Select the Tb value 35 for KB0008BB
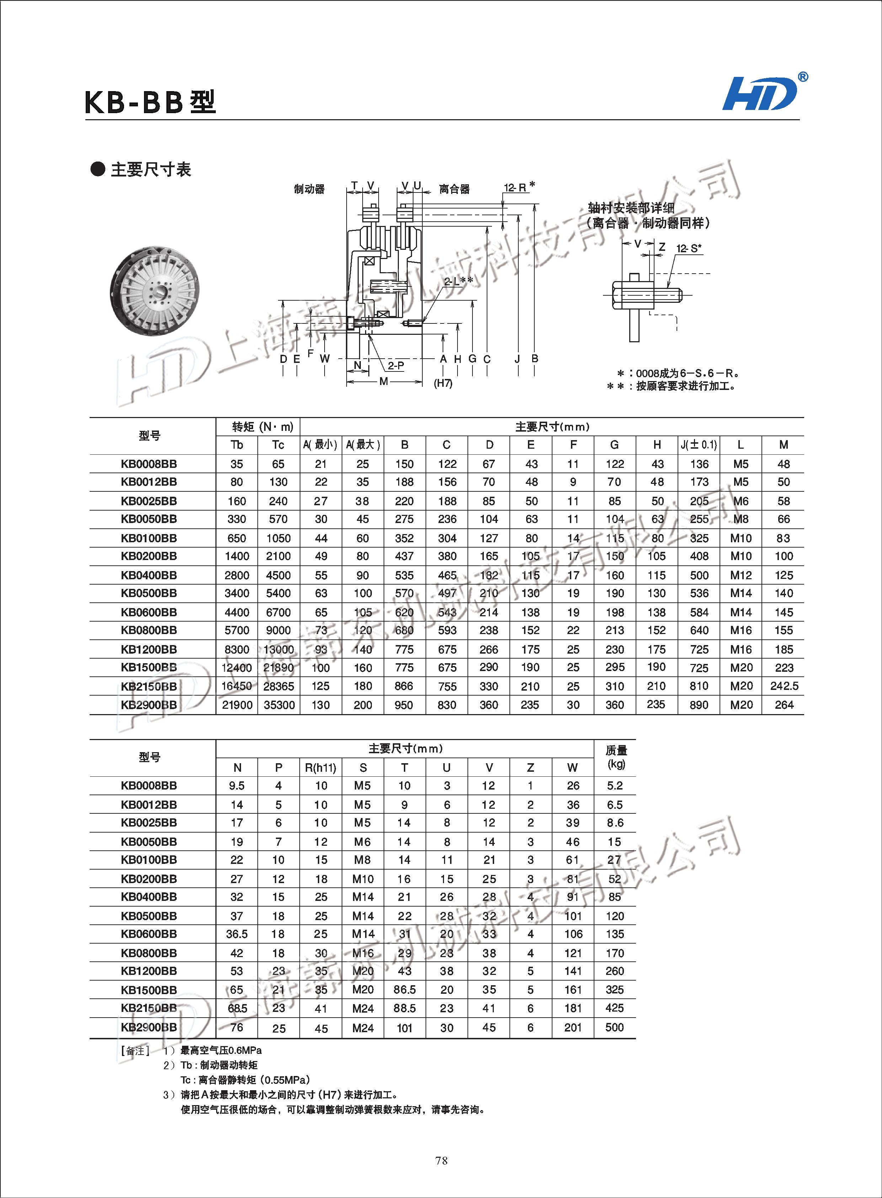(x=236, y=464)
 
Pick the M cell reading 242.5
(x=784, y=686)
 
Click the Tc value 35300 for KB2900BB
(x=279, y=705)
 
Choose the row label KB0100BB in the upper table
(x=149, y=538)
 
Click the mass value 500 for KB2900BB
(x=615, y=1027)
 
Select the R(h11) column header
(x=320, y=768)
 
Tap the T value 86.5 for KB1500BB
(x=404, y=989)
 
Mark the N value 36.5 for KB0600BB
(x=236, y=934)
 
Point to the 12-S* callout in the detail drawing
(x=689, y=248)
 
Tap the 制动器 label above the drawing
(x=309, y=189)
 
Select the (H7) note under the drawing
(x=443, y=383)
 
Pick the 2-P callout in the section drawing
(x=396, y=365)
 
